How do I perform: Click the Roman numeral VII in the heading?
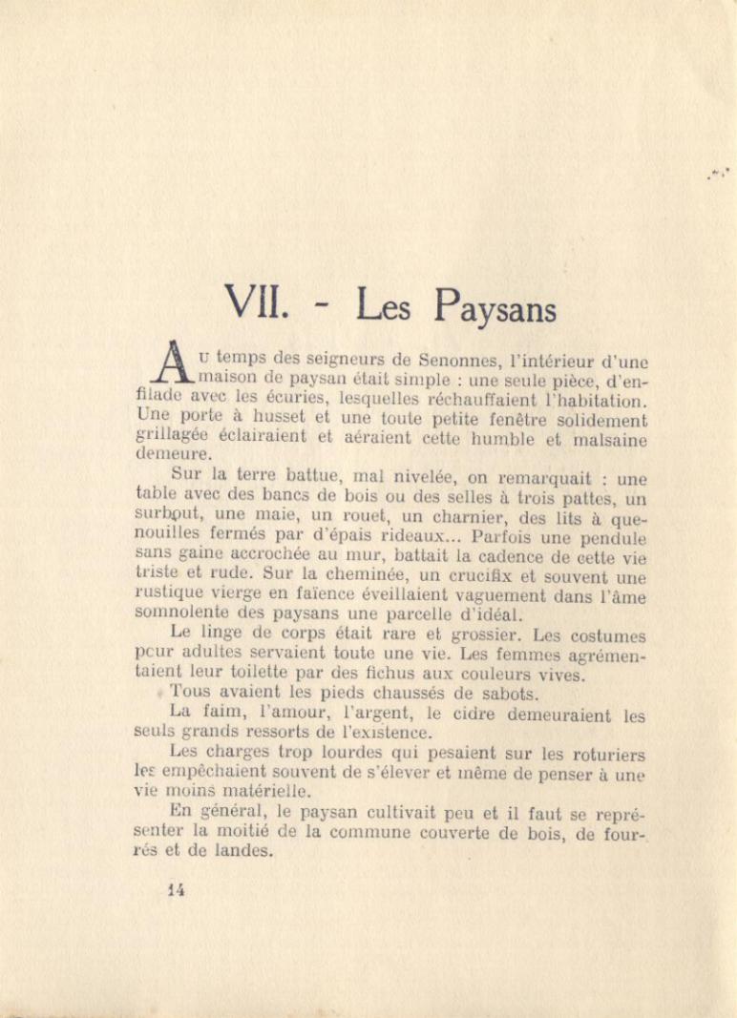pos(254,303)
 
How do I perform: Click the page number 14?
pos(177,890)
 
